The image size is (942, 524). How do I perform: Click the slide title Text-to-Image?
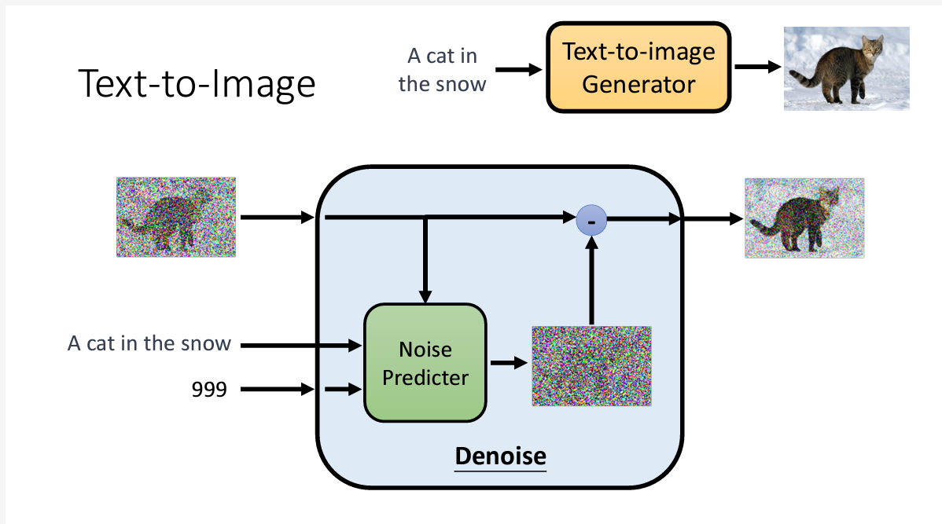coord(197,83)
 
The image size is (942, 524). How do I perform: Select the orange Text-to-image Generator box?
coord(638,68)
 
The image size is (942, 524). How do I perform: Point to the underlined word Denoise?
coord(500,456)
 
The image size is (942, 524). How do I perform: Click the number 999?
coord(209,388)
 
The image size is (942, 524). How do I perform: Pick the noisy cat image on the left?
coord(176,217)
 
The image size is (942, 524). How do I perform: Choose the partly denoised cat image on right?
coord(804,218)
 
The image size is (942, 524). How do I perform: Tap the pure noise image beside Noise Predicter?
coord(591,365)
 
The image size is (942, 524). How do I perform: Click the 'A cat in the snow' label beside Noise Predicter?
coord(149,343)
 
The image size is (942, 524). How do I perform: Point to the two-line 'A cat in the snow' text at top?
coord(442,69)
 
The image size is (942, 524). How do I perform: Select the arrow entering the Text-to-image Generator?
coord(520,69)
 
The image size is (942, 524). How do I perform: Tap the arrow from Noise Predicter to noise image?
coord(509,363)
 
